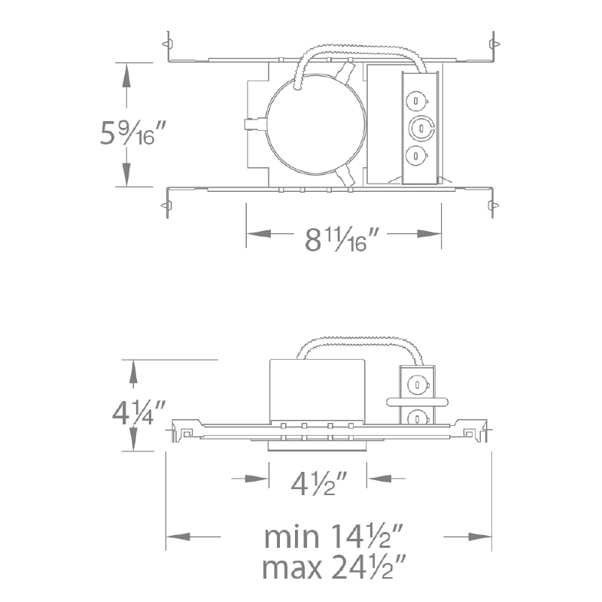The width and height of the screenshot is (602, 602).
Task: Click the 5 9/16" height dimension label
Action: tap(133, 132)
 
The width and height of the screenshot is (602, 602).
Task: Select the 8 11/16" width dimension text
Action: tap(342, 239)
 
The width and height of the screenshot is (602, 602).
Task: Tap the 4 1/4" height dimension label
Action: tap(138, 412)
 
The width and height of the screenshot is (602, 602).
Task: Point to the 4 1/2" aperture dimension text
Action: tap(318, 483)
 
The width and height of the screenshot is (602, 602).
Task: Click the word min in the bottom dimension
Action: tap(291, 537)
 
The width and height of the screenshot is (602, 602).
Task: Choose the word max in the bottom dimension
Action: tap(292, 568)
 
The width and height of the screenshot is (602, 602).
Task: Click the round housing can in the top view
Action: tap(315, 125)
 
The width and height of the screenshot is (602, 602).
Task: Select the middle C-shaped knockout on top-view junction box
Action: tap(421, 127)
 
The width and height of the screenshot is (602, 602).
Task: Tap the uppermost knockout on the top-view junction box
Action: tap(417, 101)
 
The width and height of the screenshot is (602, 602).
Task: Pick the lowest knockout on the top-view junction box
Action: tap(417, 156)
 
